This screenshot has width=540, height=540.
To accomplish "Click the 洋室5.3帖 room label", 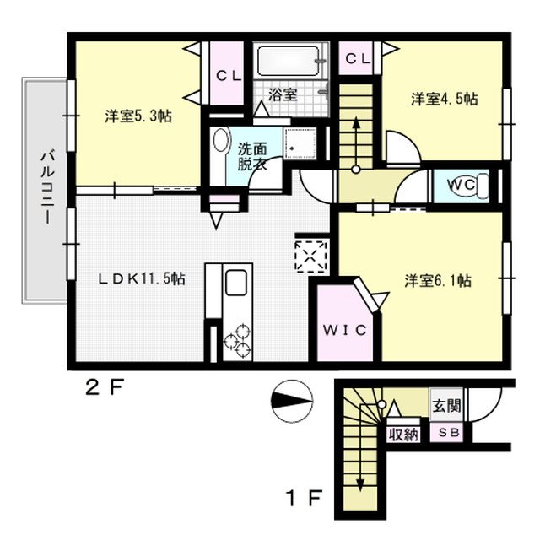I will [138, 116].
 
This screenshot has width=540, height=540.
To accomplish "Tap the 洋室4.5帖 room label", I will [444, 99].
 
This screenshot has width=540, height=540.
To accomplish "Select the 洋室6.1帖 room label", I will [437, 280].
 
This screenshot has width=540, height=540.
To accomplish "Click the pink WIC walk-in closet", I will [344, 329].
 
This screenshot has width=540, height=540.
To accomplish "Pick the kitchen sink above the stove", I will [237, 282].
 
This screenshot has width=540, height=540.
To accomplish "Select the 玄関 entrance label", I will [446, 405].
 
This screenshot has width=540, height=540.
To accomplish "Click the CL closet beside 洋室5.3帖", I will [227, 75].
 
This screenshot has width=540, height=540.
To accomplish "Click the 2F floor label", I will [105, 389].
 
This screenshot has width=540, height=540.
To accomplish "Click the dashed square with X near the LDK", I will [310, 254].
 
